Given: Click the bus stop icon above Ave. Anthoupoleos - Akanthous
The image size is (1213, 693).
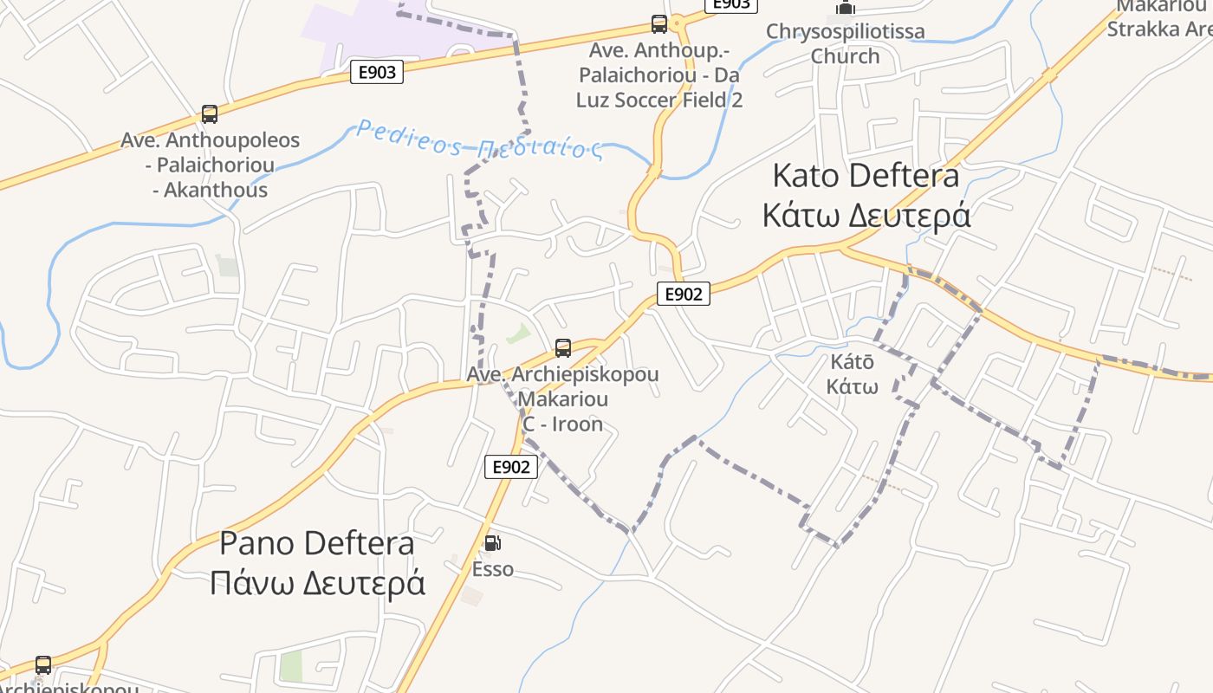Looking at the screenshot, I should point(209,113).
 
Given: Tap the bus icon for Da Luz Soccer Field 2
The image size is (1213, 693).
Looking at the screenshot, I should point(659,24).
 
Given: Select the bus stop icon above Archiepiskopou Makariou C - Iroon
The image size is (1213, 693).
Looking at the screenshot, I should point(563,348).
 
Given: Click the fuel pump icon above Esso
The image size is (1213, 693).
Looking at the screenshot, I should point(492,543).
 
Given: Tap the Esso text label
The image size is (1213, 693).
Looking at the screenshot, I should point(492,569).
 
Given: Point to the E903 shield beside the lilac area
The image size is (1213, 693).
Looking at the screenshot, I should point(377,72).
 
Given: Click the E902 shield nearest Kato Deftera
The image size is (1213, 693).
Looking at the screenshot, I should point(683,294).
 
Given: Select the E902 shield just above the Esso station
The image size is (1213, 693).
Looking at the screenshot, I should point(510,467).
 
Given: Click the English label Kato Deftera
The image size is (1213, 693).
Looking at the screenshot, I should point(865,176).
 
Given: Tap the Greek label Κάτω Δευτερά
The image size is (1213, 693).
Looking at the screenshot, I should point(866,215).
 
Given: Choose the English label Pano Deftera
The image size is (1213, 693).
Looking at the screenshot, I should point(316,544).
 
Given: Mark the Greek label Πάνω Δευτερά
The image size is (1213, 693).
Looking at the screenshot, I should point(317,583).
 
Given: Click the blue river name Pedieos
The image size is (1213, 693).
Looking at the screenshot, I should point(408,138).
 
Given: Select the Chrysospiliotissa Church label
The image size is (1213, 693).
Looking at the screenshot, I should point(845,43).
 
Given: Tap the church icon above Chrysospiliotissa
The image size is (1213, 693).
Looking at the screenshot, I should point(846,8).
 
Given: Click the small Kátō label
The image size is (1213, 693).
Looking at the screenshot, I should point(852,362).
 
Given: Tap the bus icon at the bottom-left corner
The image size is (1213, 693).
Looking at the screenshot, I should point(43,665).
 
